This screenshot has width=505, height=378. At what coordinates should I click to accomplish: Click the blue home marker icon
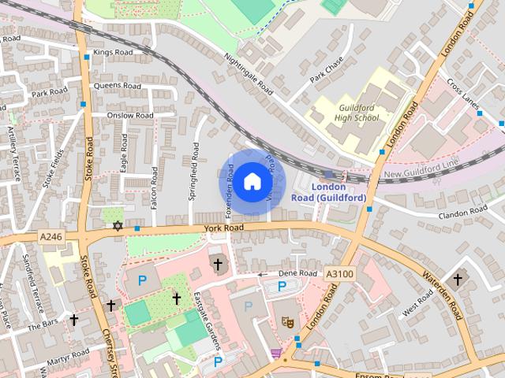pos(251,181)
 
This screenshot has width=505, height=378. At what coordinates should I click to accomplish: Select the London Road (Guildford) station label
pos(339,192)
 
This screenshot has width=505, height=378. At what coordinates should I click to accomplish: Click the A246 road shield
pos(50,235)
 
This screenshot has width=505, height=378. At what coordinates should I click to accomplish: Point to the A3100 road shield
pos(339,273)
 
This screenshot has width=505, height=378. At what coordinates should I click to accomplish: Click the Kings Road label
pos(111,53)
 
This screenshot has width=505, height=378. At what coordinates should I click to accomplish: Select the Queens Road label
pos(117,86)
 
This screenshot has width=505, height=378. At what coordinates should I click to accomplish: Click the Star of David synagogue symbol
pos(118,226)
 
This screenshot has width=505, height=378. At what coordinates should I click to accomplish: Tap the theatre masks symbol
pos(287,321)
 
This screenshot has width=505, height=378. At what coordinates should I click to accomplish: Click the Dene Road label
pos(297,273)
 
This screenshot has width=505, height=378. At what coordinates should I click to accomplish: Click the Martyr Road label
pos(67,356)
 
